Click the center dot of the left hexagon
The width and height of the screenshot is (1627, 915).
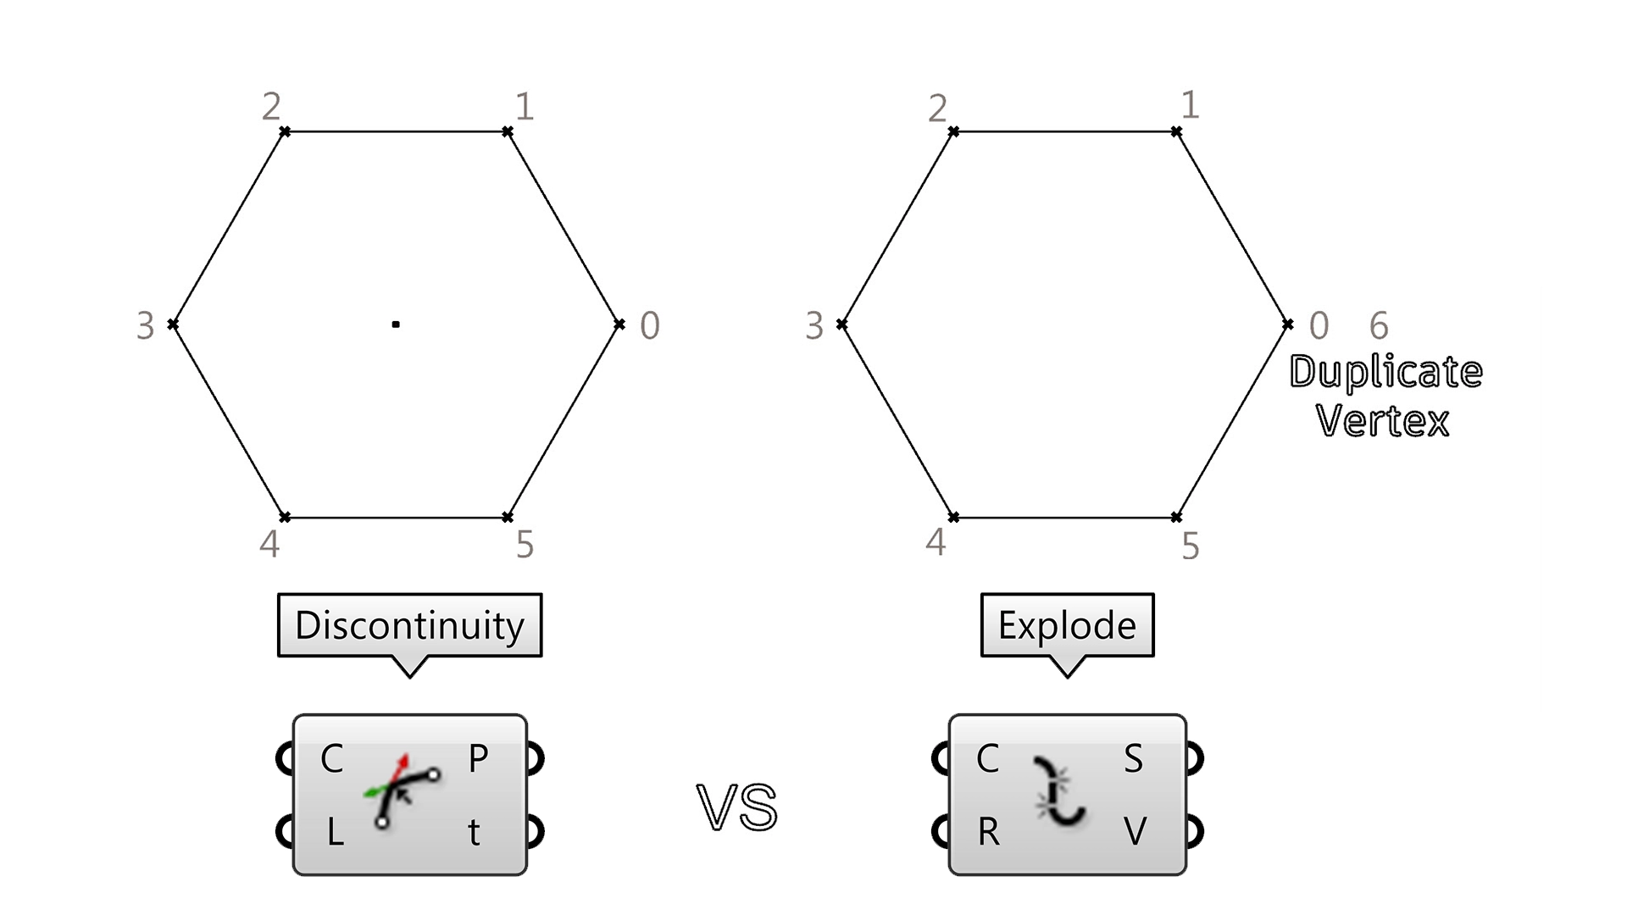pyautogui.click(x=396, y=324)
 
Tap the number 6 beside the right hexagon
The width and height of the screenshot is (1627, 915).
pyautogui.click(x=1379, y=325)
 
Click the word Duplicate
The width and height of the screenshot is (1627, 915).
pyautogui.click(x=1385, y=372)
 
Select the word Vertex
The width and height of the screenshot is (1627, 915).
pyautogui.click(x=1383, y=421)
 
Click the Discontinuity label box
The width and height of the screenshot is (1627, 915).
pyautogui.click(x=409, y=625)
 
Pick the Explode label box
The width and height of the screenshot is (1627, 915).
pyautogui.click(x=1067, y=625)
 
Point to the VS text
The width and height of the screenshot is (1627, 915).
pyautogui.click(x=737, y=807)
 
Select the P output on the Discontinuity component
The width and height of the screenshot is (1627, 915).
pyautogui.click(x=478, y=758)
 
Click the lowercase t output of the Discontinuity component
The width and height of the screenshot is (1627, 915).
pyautogui.click(x=475, y=833)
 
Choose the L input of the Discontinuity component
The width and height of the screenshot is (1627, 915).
pyautogui.click(x=335, y=833)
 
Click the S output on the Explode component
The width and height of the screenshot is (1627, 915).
pyautogui.click(x=1133, y=758)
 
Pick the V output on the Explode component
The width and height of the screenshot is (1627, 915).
pyautogui.click(x=1135, y=832)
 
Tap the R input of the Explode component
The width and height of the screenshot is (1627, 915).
pyautogui.click(x=988, y=833)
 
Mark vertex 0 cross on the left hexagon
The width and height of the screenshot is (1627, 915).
pyautogui.click(x=619, y=324)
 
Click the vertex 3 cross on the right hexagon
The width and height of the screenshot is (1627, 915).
pyautogui.click(x=841, y=324)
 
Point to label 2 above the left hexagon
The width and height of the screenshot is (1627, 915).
pyautogui.click(x=271, y=107)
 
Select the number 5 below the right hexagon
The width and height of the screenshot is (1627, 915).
pyautogui.click(x=1191, y=546)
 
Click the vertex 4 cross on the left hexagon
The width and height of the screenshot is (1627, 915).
pyautogui.click(x=286, y=517)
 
